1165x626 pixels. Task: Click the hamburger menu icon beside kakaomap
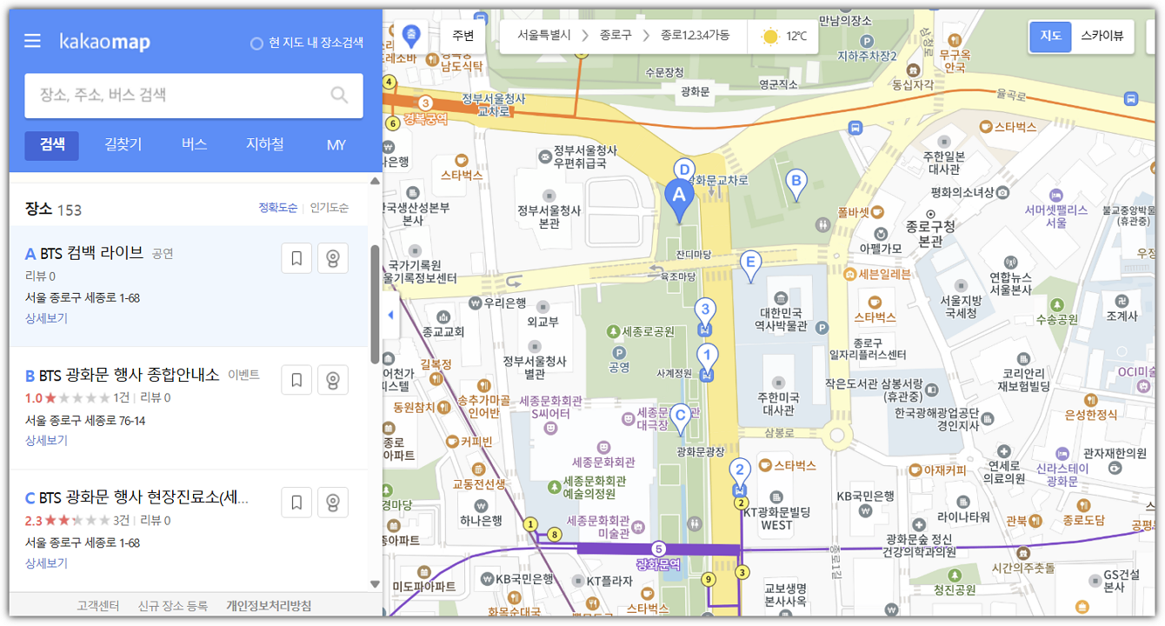tap(33, 41)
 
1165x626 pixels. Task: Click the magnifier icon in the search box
tap(340, 95)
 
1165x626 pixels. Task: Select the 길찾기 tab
tap(123, 145)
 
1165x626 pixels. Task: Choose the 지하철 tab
tap(264, 145)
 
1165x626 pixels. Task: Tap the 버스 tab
tap(194, 145)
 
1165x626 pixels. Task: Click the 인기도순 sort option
tap(330, 208)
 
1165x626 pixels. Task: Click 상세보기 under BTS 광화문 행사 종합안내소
tap(46, 440)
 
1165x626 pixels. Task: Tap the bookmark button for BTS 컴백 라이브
tap(296, 258)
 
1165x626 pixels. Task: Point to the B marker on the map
tap(795, 183)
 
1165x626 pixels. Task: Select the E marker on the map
tap(750, 263)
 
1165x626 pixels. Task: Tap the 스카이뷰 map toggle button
tap(1102, 37)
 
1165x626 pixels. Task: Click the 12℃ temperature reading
tap(796, 37)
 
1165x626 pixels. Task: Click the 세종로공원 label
tap(648, 331)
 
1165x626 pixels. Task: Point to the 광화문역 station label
tap(658, 564)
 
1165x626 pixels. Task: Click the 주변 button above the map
tap(463, 37)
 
